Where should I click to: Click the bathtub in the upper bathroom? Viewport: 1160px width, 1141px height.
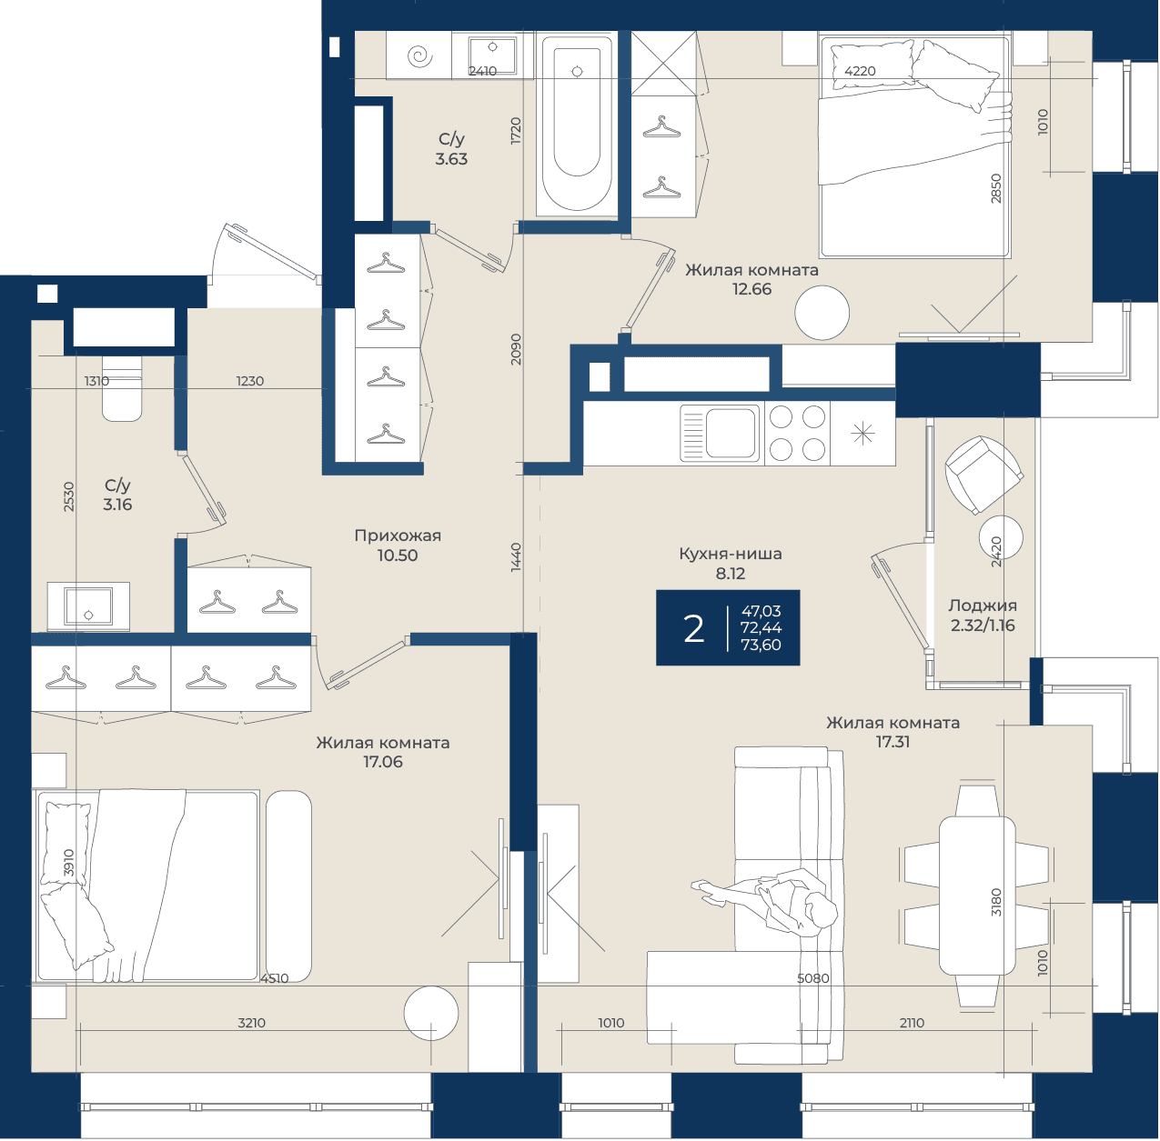[577, 124]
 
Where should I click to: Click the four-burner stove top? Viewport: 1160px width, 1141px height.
[797, 434]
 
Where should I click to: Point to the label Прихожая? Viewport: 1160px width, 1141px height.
[398, 535]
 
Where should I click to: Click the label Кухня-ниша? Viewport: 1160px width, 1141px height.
[731, 554]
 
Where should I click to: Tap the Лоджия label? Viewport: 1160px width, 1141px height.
[983, 606]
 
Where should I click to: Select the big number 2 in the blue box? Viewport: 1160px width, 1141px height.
[693, 629]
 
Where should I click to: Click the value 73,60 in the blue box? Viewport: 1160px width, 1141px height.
[761, 646]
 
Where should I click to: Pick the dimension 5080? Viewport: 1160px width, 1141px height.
[812, 978]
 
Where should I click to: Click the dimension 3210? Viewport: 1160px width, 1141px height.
[252, 1023]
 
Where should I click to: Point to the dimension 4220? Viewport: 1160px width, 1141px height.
[860, 71]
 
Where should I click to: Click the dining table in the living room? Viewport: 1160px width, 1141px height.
[976, 896]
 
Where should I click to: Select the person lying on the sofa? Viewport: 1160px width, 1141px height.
[764, 898]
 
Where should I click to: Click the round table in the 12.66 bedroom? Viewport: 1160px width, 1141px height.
[822, 314]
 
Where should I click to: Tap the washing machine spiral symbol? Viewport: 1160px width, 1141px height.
[419, 56]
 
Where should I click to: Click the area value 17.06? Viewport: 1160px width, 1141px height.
[383, 762]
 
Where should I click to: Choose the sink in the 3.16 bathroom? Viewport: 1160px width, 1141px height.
[88, 606]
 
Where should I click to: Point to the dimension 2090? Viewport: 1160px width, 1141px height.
[516, 350]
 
